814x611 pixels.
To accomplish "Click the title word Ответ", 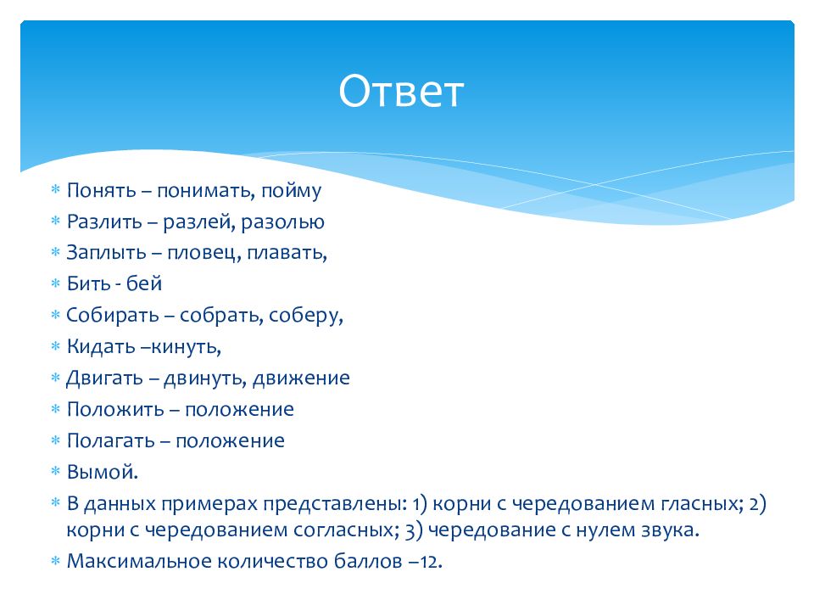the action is [401, 91].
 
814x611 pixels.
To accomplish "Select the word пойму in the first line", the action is [291, 191].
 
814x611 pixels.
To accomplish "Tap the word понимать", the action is [205, 191].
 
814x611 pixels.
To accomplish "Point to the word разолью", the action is [283, 222].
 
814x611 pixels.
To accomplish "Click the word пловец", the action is [203, 253].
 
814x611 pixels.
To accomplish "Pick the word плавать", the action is [287, 253].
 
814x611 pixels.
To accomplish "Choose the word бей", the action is [144, 283].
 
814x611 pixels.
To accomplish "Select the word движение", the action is [301, 378].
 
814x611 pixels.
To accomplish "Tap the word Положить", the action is [115, 409].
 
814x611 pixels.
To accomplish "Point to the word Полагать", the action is [110, 441].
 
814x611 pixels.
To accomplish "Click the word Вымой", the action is [103, 473].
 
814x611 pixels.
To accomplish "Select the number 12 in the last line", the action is [431, 562].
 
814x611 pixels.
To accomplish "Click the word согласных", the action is [346, 530].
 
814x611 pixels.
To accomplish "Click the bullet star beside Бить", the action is [56, 283].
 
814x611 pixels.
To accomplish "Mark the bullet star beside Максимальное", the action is [56, 561].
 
